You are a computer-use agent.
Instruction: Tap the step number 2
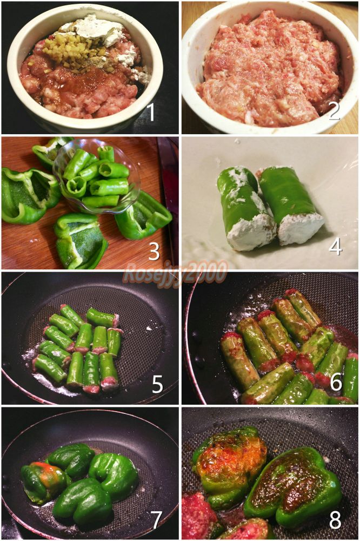(334, 110)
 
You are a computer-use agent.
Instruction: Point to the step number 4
(335, 246)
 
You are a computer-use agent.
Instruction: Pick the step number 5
(157, 384)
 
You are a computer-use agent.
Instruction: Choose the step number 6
(336, 381)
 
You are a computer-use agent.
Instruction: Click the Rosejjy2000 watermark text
(176, 272)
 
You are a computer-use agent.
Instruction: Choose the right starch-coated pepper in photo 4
(290, 205)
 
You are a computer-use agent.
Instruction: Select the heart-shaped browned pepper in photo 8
(292, 486)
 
